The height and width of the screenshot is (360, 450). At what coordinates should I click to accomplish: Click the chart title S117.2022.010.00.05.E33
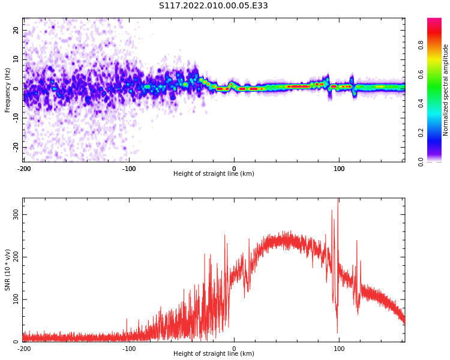(x=213, y=6)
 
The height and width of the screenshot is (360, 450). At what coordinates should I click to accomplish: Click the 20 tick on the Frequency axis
(x=16, y=30)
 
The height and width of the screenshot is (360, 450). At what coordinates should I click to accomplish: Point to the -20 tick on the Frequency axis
(x=15, y=147)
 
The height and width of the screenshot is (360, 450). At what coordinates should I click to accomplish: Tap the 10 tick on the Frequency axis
(x=16, y=59)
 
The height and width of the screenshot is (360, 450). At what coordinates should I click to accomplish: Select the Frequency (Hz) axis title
(x=8, y=89)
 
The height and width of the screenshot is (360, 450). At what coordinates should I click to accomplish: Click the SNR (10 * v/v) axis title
(x=8, y=270)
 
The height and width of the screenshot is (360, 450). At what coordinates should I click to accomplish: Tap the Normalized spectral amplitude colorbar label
(x=446, y=89)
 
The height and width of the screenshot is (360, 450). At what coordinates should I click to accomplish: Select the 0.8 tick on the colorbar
(x=437, y=45)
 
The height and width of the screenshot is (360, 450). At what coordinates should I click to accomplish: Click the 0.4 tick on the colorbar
(x=437, y=103)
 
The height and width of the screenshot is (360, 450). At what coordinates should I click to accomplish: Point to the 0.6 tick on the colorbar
(x=437, y=74)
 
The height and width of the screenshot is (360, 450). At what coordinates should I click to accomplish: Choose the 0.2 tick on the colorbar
(x=437, y=133)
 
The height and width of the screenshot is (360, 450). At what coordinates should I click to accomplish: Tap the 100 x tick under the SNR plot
(x=339, y=349)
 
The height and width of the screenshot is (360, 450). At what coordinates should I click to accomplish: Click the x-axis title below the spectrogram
(x=214, y=174)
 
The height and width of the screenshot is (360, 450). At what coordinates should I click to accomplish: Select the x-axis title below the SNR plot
(x=214, y=354)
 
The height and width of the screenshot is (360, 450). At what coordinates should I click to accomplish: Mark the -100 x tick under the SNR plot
(x=128, y=349)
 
